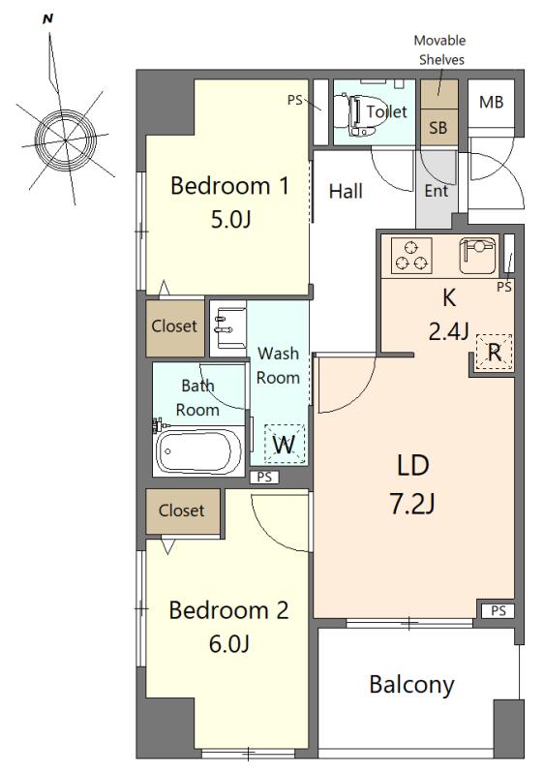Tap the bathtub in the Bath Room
199,451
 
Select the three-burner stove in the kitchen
411,256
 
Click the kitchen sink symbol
477,256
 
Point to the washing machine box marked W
285,444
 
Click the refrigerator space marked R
494,352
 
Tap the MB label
491,103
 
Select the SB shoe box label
438,128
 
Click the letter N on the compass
47,19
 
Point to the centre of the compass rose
65,140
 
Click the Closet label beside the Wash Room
174,326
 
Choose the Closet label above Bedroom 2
181,511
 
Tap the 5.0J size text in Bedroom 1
231,219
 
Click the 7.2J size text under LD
412,504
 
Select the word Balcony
411,685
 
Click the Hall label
346,191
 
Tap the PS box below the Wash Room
264,477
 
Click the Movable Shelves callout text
439,50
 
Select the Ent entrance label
437,191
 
